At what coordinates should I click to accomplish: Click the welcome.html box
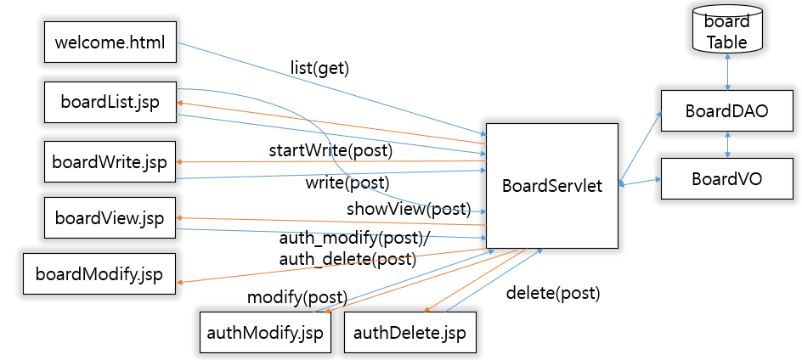pos(110,42)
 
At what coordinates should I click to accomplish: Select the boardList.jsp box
pos(110,102)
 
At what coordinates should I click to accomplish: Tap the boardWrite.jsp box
pos(110,161)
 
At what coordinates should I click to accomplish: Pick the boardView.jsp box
pos(110,218)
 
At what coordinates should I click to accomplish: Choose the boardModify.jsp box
pos(99,274)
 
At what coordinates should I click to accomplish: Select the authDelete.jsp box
pos(410,333)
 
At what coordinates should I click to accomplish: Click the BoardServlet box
pos(551,186)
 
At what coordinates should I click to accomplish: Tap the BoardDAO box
pos(726,110)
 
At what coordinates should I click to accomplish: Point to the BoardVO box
pos(726,178)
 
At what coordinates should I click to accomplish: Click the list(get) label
pos(319,69)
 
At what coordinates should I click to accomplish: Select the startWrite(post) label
pos(330,150)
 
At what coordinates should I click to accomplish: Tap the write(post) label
pos(347,182)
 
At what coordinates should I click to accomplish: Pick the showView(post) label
pos(408,209)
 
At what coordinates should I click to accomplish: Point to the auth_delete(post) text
pos(347,259)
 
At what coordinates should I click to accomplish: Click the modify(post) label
pos(297,297)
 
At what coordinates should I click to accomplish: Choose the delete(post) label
pos(552,294)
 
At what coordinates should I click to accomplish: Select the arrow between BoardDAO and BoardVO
pos(727,144)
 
